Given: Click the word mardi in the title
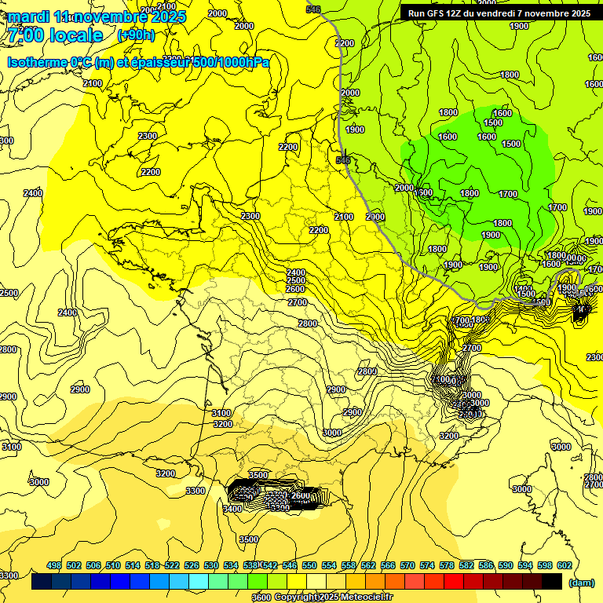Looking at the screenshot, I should (x=27, y=16).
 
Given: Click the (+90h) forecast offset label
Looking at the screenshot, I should (x=137, y=35).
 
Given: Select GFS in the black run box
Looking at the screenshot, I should (x=432, y=13).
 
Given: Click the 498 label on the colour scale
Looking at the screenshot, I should (x=54, y=565).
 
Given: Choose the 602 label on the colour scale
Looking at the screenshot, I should (x=565, y=565).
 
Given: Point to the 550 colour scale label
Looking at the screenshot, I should (x=309, y=565).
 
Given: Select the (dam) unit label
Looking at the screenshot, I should (x=581, y=583).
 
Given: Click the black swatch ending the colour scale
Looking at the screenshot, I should (x=552, y=582).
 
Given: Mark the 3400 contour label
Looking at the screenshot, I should (x=232, y=509).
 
